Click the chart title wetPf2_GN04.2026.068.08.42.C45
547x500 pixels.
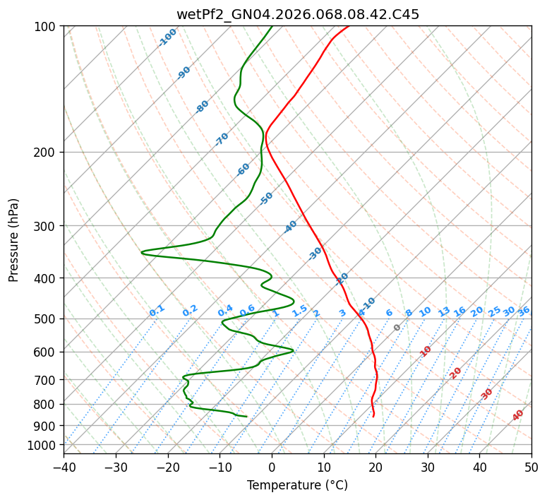click(x=297, y=15)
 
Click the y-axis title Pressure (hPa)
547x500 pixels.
click(x=14, y=239)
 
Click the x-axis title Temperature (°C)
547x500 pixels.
click(x=297, y=485)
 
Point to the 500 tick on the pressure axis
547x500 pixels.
click(x=47, y=319)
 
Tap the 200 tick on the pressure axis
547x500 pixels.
click(x=47, y=153)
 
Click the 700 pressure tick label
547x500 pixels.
click(x=47, y=380)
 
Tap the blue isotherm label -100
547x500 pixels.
click(x=168, y=37)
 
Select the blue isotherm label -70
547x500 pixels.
click(x=222, y=139)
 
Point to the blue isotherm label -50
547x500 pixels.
click(x=266, y=198)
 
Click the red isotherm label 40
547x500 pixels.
click(x=518, y=415)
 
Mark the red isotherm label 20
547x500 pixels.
click(x=456, y=372)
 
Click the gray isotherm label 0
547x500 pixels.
click(x=397, y=328)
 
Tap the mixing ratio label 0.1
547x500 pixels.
click(x=157, y=310)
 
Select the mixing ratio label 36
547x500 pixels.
click(x=524, y=311)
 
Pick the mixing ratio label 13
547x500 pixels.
click(x=444, y=311)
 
